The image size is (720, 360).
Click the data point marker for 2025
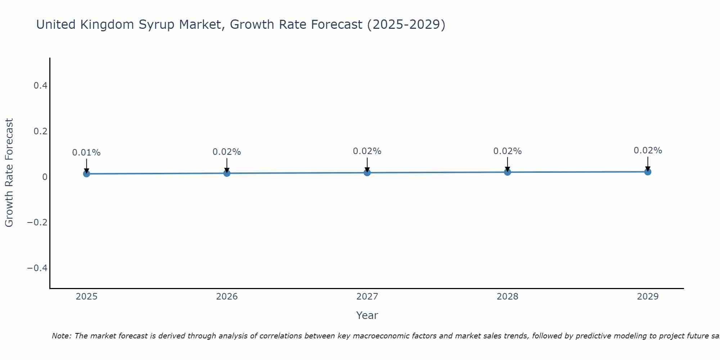pos(86,174)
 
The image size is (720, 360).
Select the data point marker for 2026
pos(227,173)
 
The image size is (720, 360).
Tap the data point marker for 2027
pos(367,172)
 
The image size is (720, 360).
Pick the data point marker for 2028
pos(508,172)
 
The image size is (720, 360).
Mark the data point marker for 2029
pos(648,172)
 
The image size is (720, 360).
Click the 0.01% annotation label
pos(86,153)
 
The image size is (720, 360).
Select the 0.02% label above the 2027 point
pos(367,151)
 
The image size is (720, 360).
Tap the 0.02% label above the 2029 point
pos(648,150)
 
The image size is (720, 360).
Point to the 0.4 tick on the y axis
pos(40,86)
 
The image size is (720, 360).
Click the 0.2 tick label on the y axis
pos(40,131)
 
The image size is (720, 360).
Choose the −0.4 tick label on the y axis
pos(37,268)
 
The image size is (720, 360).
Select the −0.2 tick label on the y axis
pos(37,222)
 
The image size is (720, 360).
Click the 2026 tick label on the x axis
pos(227,297)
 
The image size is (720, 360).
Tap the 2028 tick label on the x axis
pos(508,297)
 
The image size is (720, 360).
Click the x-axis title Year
pos(367,315)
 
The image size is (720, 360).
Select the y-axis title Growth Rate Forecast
pos(9,173)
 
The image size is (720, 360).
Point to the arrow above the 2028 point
pos(508,164)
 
